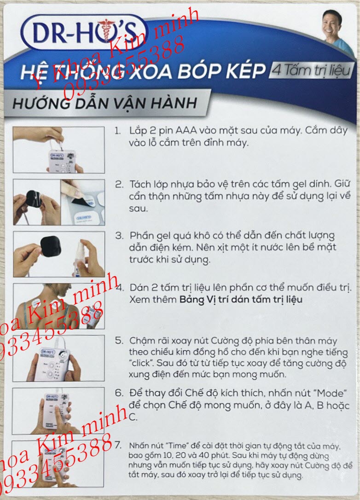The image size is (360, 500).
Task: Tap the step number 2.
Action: tap(119, 184)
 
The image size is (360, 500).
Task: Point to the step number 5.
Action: tap(119, 341)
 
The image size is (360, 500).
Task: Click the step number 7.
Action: tap(119, 446)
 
